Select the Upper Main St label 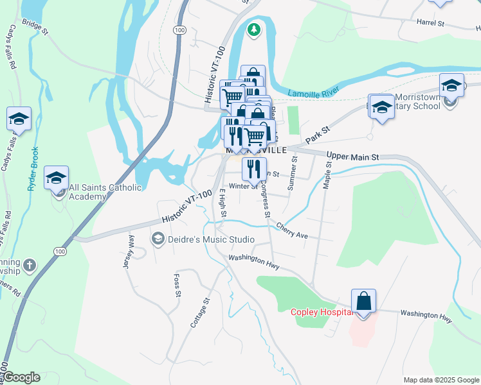(x=354, y=156)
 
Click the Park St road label (x=317, y=134)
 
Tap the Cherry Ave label (x=293, y=230)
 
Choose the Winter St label (x=243, y=186)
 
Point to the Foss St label (x=176, y=286)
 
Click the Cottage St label (x=200, y=312)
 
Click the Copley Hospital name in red (x=320, y=312)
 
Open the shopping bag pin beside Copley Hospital (x=363, y=301)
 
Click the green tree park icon (x=255, y=30)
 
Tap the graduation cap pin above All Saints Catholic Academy (x=57, y=177)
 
